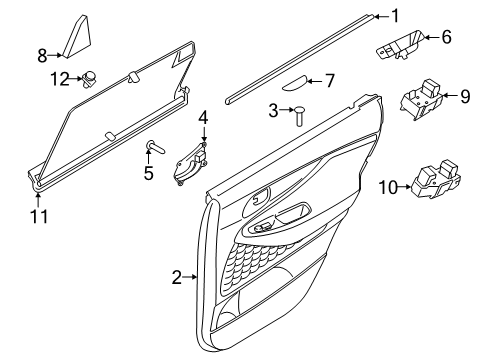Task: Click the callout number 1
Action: (395, 16)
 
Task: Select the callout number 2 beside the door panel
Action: (177, 277)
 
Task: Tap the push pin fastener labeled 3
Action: (299, 116)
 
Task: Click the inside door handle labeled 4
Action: (190, 163)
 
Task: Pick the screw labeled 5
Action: (155, 147)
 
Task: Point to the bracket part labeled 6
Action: (400, 45)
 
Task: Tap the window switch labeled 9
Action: (421, 99)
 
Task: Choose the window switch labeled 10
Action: (436, 180)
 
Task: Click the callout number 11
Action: (39, 217)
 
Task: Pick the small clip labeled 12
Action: (89, 79)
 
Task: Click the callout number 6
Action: (446, 37)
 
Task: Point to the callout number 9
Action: (465, 96)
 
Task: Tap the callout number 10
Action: (389, 187)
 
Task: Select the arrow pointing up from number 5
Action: (149, 157)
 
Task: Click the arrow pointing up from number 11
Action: (38, 200)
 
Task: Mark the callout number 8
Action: (42, 55)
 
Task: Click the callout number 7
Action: (329, 81)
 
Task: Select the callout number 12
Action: (60, 79)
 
